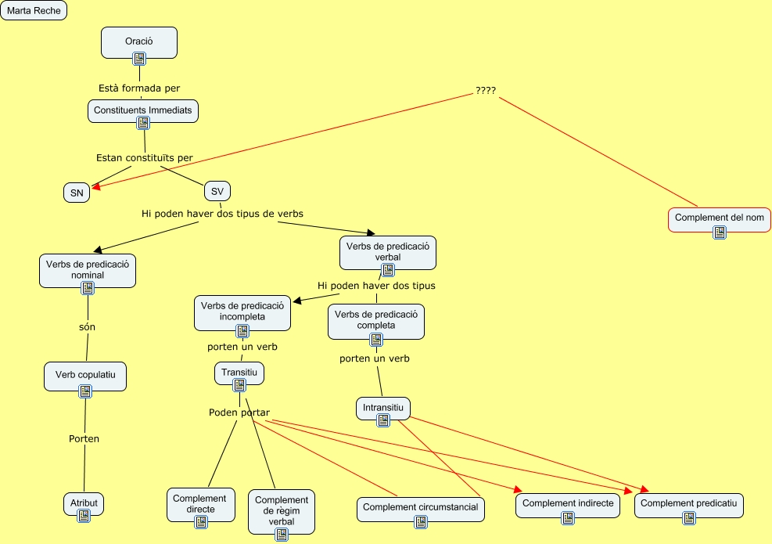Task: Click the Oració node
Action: click(139, 41)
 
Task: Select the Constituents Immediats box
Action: click(142, 110)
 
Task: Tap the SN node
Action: click(77, 193)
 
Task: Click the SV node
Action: click(217, 191)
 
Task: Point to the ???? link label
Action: click(486, 90)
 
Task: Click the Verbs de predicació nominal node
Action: click(88, 268)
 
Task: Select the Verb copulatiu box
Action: click(85, 375)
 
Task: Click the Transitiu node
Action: click(239, 372)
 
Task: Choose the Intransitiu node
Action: click(383, 407)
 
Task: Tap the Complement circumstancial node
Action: click(420, 507)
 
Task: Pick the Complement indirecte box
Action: click(568, 503)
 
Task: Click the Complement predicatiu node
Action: click(688, 503)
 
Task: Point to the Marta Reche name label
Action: click(34, 11)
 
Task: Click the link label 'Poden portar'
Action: click(239, 413)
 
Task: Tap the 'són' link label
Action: click(87, 326)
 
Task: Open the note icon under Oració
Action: click(139, 58)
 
